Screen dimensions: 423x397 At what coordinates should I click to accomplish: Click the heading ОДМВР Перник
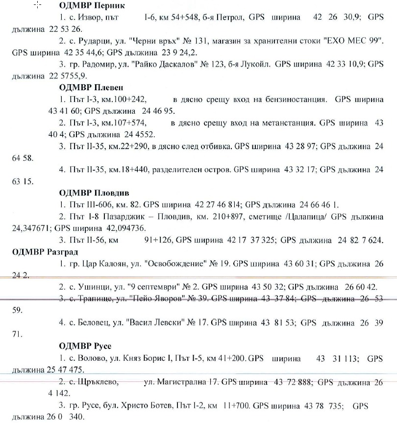coord(92,6)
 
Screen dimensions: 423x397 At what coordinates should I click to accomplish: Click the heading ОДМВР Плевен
coord(91,88)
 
